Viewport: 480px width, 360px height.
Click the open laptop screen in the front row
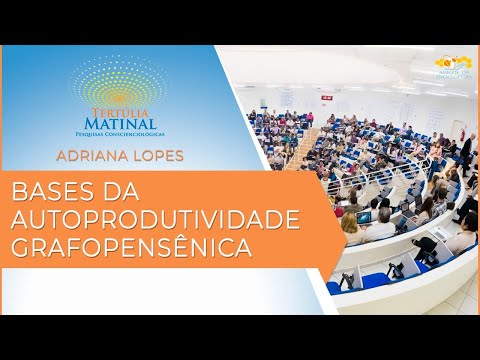tap(365, 216)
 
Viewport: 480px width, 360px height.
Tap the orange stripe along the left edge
tap(5, 219)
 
